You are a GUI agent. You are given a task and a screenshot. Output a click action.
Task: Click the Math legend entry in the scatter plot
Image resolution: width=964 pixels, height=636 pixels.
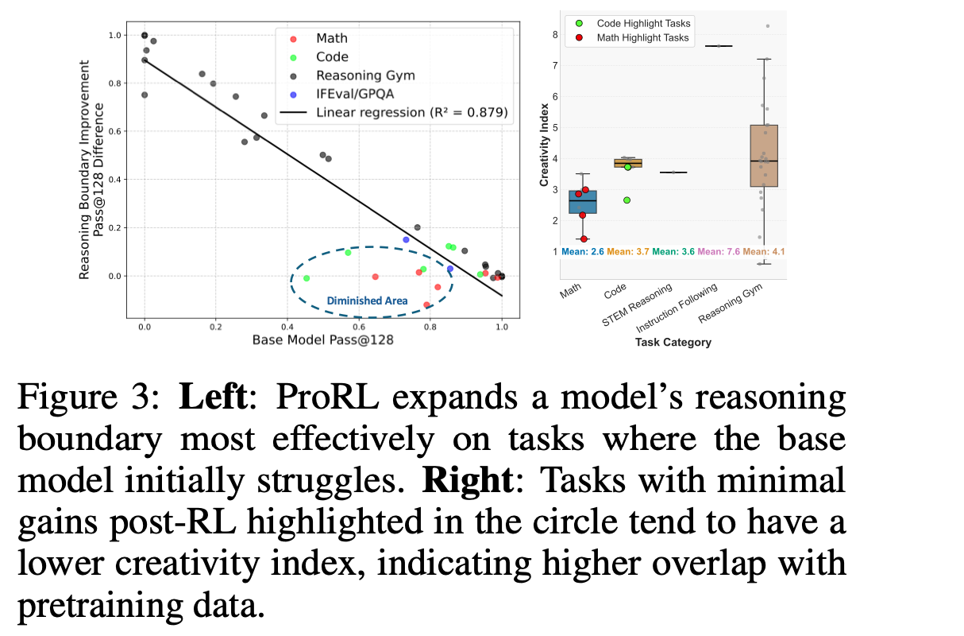coord(331,38)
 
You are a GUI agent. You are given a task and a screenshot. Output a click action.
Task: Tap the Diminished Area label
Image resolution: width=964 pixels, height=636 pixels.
coord(367,301)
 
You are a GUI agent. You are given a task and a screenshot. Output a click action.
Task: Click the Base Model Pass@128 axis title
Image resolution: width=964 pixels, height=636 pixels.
coord(322,339)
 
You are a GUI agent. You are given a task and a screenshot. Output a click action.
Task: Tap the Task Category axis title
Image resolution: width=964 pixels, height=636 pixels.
coord(673,343)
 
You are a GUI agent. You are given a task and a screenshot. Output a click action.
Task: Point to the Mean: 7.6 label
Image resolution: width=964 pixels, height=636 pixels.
coord(719,251)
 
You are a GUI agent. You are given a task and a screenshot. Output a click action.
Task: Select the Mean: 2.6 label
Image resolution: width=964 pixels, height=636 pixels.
coord(583,251)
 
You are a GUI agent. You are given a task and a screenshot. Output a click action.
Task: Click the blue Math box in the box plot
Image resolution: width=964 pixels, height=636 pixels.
coord(583,202)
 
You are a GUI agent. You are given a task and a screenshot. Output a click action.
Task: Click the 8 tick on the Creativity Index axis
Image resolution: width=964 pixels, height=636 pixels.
coord(554,34)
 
